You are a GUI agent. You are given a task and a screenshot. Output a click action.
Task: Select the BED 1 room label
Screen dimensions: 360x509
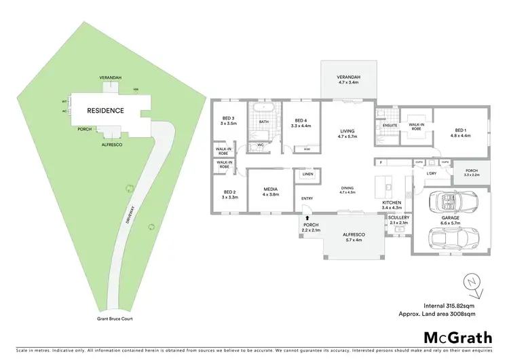(x=460, y=132)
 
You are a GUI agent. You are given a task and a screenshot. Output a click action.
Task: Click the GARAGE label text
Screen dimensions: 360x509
(x=451, y=219)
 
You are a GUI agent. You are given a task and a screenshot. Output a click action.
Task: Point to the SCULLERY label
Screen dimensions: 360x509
(x=398, y=218)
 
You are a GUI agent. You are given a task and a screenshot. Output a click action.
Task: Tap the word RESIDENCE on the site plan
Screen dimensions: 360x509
(x=105, y=110)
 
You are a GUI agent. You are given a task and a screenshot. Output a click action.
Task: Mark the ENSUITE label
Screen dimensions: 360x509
(x=390, y=125)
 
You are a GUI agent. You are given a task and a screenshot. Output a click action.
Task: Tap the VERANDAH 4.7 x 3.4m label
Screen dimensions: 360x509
(x=348, y=80)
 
